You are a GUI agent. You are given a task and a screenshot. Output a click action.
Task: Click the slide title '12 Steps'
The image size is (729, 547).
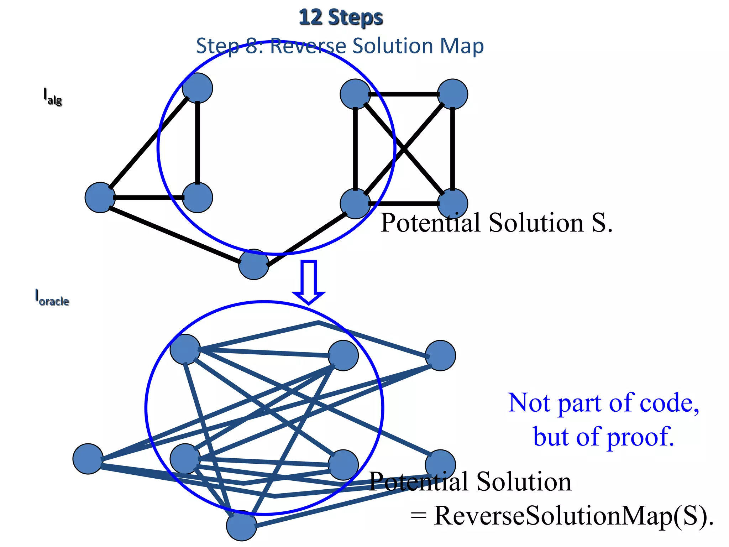pos(341,18)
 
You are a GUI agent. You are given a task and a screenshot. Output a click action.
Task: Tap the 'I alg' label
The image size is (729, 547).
pos(52,96)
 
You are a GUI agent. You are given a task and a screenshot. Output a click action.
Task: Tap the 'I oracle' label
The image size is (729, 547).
pos(52,297)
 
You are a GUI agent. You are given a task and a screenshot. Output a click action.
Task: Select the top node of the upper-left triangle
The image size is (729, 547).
pos(197,88)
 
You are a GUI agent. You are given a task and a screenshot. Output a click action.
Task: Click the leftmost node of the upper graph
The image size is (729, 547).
pos(100,198)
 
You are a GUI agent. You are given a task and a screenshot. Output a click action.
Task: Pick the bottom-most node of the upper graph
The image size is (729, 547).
pos(253,264)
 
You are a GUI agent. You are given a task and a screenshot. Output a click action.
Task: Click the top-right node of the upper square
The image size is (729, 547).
pos(452,94)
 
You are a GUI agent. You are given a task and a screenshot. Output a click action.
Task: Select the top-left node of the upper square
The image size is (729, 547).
pos(355,94)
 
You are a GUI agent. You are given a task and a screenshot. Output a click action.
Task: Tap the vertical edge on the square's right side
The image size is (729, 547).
pos(452,149)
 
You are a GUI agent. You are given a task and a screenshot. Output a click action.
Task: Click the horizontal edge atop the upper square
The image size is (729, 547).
pos(404,94)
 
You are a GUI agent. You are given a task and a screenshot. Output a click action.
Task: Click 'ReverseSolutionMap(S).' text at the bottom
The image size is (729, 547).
pos(573,515)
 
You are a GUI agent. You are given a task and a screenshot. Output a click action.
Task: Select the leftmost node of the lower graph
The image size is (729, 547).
pos(88,459)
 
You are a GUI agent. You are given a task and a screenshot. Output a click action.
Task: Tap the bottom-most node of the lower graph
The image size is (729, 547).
pos(241,526)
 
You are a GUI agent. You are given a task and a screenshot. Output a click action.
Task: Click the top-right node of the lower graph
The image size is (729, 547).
pos(440,355)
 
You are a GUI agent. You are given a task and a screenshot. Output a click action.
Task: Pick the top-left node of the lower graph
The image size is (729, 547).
pos(185,349)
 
